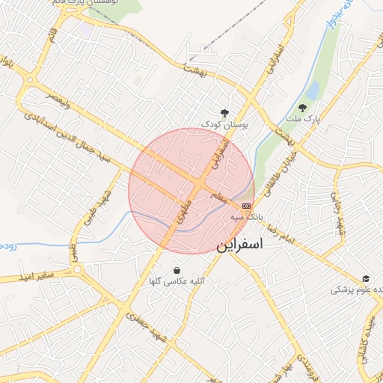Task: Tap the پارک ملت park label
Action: (x=304, y=119)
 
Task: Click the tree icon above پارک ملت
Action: (x=303, y=107)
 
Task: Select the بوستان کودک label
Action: (x=222, y=123)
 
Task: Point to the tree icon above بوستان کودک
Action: (x=223, y=112)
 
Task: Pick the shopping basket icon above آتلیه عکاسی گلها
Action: (x=177, y=270)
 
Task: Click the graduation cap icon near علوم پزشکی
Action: (x=366, y=278)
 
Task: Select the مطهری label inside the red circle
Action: (x=184, y=212)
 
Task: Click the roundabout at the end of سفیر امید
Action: (x=77, y=269)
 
